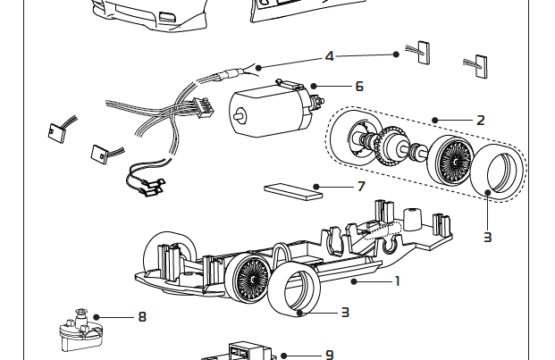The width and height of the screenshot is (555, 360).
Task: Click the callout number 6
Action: [x=358, y=87]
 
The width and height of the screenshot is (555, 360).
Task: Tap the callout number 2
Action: [x=481, y=120]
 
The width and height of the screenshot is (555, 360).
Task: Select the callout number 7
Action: [x=361, y=187]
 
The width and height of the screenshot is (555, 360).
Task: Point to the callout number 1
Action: [x=398, y=280]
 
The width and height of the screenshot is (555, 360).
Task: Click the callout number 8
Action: [x=141, y=316]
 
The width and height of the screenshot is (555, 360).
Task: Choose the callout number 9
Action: [x=329, y=355]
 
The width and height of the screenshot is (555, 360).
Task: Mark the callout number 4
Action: [x=329, y=56]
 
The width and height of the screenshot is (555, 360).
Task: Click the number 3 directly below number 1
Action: [x=344, y=312]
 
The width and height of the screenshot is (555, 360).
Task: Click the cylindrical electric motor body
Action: [x=263, y=112]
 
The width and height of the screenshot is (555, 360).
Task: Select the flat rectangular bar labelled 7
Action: [x=292, y=188]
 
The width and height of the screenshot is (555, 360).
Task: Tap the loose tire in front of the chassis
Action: [x=296, y=293]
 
